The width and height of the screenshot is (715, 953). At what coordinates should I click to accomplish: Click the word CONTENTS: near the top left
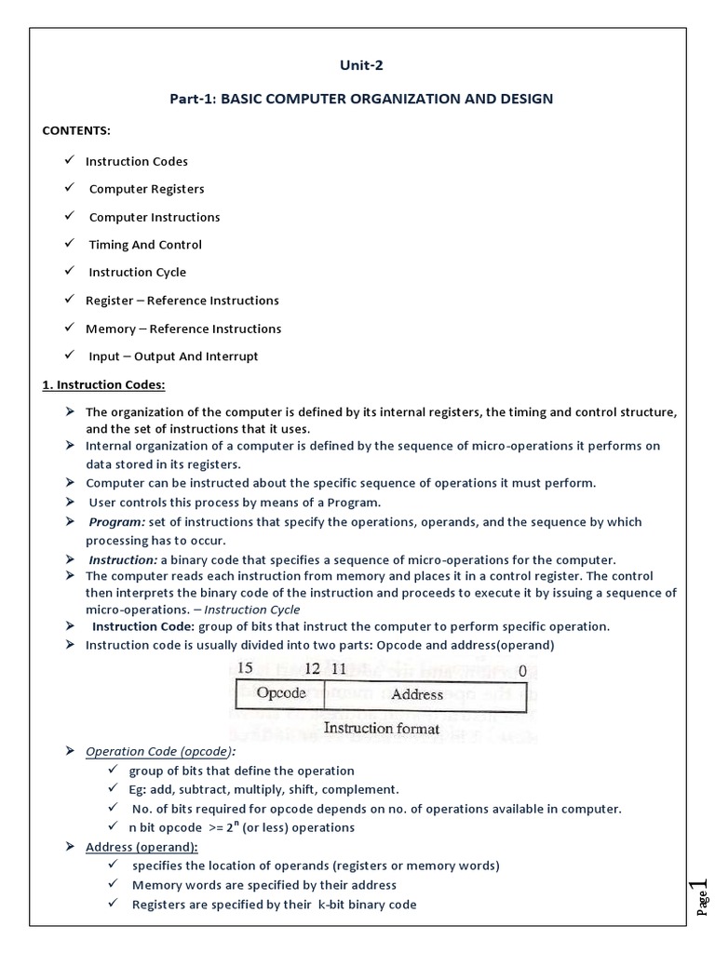tap(75, 130)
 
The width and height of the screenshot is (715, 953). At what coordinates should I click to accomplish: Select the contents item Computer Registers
tap(146, 189)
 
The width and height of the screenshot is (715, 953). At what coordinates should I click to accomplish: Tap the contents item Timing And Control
tap(145, 245)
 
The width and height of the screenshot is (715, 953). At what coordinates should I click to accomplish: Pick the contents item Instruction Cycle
tap(137, 273)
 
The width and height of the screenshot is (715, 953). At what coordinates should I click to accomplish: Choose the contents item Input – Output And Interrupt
tap(173, 356)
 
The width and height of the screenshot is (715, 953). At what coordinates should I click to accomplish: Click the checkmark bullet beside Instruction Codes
tap(69, 160)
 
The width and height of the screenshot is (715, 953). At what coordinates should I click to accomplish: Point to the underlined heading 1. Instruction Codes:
tap(103, 384)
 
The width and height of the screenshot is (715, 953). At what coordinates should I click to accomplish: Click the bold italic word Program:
tap(116, 522)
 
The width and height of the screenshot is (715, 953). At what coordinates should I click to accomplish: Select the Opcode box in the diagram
tap(280, 694)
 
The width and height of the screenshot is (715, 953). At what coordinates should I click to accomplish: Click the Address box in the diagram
tap(416, 694)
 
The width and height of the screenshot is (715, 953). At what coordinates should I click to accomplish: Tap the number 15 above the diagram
tap(246, 668)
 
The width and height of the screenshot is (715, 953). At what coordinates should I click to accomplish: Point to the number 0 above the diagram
tap(522, 669)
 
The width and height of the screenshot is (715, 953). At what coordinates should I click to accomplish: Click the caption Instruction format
tap(382, 728)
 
